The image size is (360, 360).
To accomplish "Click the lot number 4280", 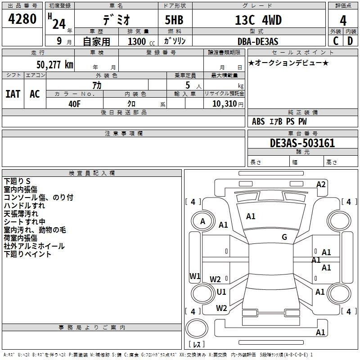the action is (x=22, y=19).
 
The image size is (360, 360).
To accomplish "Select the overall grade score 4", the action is (x=343, y=21).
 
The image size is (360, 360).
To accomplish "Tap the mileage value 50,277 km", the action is (x=55, y=65).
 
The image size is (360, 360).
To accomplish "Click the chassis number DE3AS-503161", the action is (x=302, y=143).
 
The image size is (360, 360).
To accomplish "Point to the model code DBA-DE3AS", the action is (x=258, y=41).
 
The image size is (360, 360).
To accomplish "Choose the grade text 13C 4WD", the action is (x=258, y=20).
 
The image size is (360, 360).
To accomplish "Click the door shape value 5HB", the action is (x=174, y=20).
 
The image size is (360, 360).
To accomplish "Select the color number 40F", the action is (x=75, y=104).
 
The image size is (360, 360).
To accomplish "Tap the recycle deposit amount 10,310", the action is (x=225, y=104).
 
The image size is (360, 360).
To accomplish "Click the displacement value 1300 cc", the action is (x=141, y=41).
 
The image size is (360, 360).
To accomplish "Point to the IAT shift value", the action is (x=13, y=94).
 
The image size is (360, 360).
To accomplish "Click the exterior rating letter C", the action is (x=336, y=41).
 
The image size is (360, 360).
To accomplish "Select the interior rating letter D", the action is (x=350, y=41).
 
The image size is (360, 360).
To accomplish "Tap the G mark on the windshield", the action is (x=284, y=237).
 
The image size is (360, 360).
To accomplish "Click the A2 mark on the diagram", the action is (x=321, y=184).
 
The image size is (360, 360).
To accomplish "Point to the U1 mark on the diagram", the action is (x=221, y=292).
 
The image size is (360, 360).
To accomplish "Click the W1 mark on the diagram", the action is (x=195, y=276).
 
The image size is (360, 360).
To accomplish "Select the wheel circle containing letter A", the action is (x=202, y=221).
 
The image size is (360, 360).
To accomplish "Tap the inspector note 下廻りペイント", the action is (x=27, y=254).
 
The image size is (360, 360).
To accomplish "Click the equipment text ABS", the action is (x=258, y=121).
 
